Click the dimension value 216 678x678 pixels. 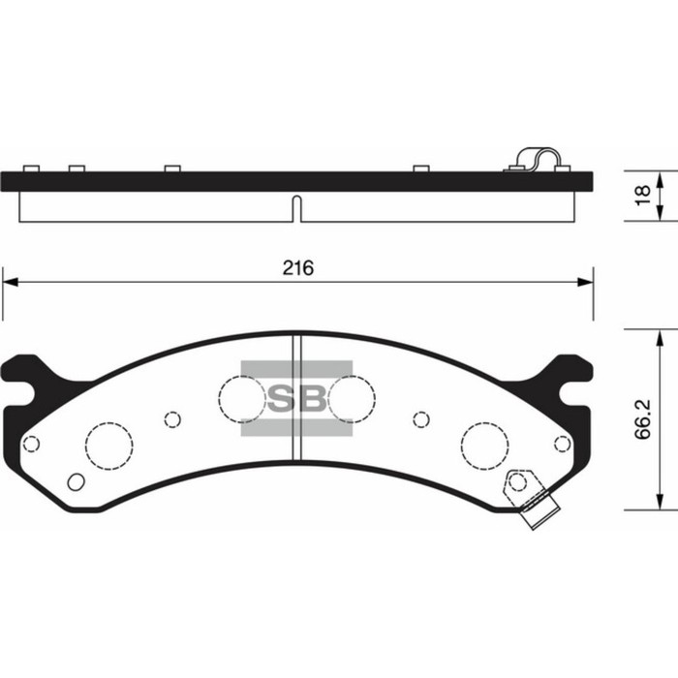pos(298,267)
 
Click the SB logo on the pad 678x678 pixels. pos(296,398)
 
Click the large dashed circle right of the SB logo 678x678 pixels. pos(352,396)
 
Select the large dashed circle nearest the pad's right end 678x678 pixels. pos(484,445)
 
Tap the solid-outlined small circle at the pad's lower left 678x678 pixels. pos(75,481)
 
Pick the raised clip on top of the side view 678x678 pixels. pos(537,160)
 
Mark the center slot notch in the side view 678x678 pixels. pos(297,208)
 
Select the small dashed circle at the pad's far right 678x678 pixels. pos(562,444)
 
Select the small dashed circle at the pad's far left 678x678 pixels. pos(31,444)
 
